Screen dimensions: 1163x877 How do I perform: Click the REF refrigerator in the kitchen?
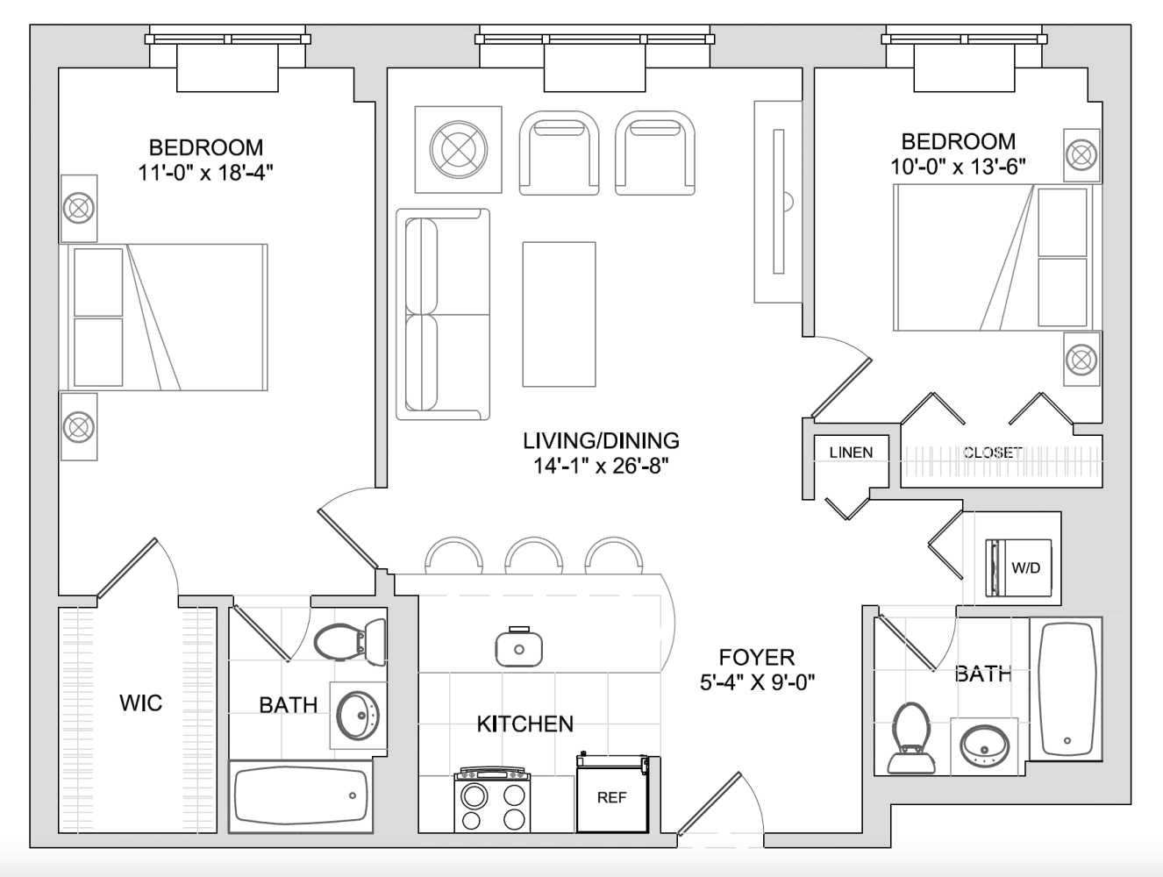coord(612,792)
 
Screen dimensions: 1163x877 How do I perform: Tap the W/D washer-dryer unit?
coord(1018,567)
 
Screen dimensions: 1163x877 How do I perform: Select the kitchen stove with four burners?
coord(492,800)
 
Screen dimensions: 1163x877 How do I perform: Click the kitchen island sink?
coord(518,647)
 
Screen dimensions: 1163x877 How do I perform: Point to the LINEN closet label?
coord(851,453)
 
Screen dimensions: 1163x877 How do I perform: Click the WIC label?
coord(140,702)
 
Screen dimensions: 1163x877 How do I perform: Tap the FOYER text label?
coord(757,657)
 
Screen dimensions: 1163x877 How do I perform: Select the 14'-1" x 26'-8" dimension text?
coord(601,466)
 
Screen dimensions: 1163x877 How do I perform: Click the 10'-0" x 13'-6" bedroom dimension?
coord(958,167)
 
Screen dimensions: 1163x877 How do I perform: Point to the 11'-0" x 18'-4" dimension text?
coord(205,173)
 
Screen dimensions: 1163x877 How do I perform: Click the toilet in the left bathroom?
coord(350,640)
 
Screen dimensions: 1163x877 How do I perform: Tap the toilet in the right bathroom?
coord(911,738)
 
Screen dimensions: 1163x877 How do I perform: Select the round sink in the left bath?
coord(358,715)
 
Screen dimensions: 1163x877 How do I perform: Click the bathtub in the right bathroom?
coord(1067,689)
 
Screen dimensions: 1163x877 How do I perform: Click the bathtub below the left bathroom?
coord(301,796)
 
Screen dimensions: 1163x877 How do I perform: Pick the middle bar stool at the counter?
coord(533,556)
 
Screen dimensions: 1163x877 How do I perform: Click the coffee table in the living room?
coord(559,314)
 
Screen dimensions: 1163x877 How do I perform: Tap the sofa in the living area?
coord(442,314)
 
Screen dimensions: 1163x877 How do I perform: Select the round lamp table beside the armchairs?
coord(459,149)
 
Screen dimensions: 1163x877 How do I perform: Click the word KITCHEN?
coord(525,724)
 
